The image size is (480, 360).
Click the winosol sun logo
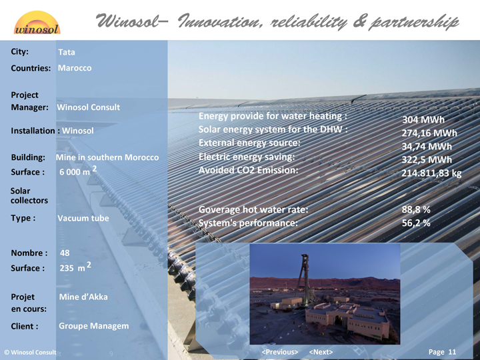(37, 23)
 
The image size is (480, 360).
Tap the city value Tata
(67, 53)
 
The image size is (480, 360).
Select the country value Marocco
(75, 68)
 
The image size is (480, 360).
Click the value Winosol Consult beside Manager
(88, 107)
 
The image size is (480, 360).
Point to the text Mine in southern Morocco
(107, 157)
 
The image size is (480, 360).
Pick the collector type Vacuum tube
(83, 218)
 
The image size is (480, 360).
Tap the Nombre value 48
(65, 253)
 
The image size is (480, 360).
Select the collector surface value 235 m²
(75, 267)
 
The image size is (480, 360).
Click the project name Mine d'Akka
(83, 297)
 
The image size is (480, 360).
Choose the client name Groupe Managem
(94, 326)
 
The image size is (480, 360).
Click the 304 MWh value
(423, 119)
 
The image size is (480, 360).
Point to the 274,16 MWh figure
(429, 133)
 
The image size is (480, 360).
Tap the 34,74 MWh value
(427, 146)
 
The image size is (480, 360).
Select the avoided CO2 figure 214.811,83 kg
(431, 173)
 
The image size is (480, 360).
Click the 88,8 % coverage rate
(416, 209)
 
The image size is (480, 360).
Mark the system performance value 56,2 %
(416, 223)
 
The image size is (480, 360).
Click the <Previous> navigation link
(280, 352)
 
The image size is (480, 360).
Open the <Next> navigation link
(321, 352)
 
